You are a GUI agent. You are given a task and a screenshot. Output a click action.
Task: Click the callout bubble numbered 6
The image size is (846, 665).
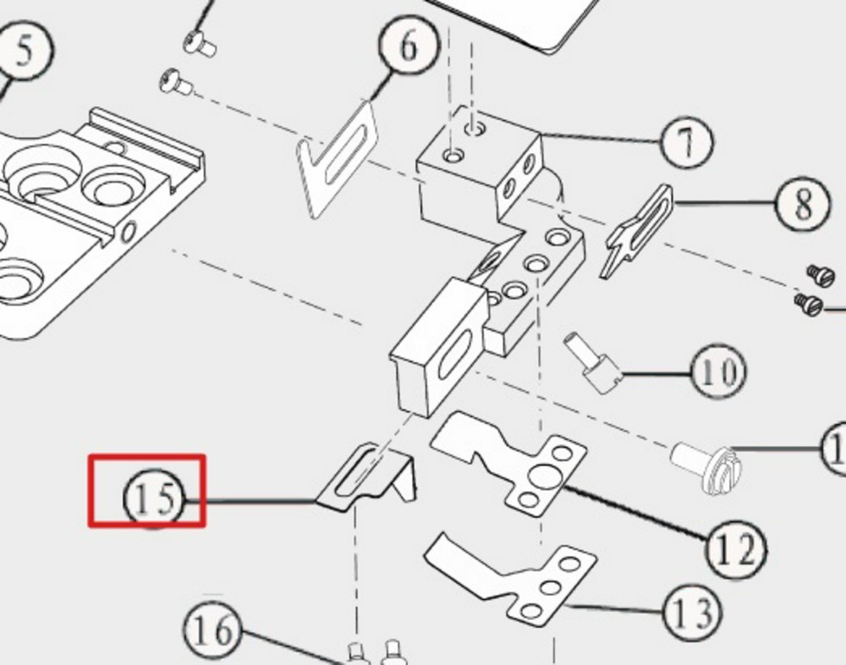pyautogui.click(x=409, y=47)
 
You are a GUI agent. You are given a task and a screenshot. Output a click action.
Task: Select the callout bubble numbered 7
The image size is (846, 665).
pyautogui.click(x=686, y=142)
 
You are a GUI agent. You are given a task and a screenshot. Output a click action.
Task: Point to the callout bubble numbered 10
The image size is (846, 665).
pyautogui.click(x=718, y=372)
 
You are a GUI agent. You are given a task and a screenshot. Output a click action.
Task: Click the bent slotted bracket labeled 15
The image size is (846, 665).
pyautogui.click(x=372, y=478)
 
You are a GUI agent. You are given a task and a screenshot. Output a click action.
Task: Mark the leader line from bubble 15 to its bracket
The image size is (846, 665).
pyautogui.click(x=258, y=502)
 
